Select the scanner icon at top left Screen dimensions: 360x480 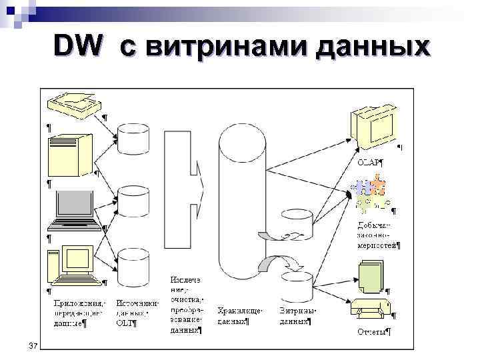(73, 104)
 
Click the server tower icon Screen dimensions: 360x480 (70, 154)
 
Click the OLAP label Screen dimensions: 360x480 (371, 161)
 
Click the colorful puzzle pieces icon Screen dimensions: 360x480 (370, 193)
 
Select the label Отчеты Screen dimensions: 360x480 (373, 331)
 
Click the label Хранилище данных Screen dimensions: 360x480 (241, 315)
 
